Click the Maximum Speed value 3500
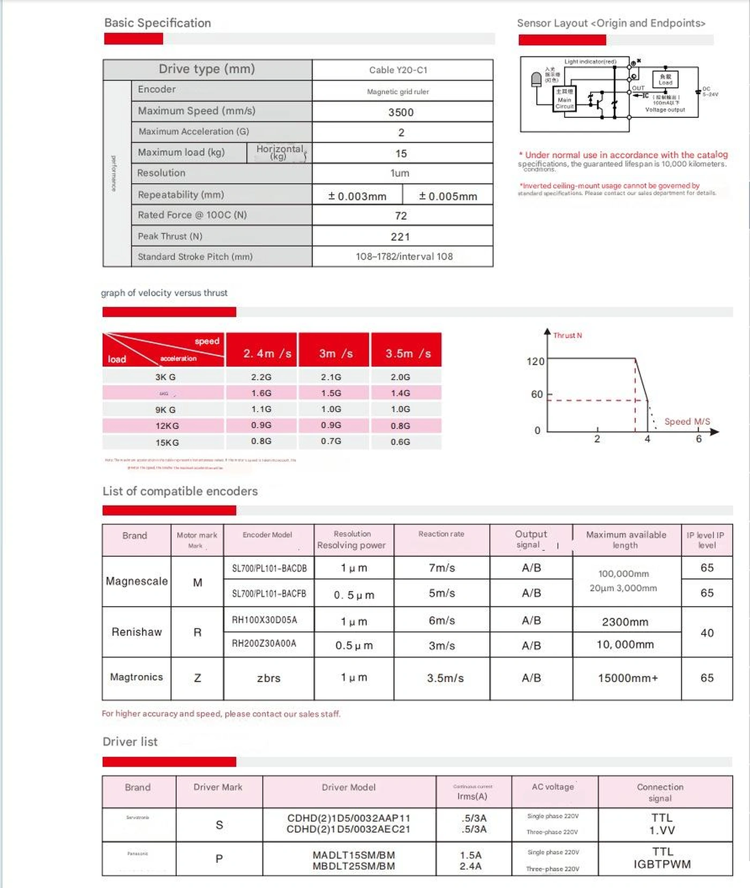pyautogui.click(x=401, y=112)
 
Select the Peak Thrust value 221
pyautogui.click(x=400, y=236)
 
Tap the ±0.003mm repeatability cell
pyautogui.click(x=357, y=196)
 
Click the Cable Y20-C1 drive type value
pyautogui.click(x=398, y=70)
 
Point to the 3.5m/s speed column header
pyautogui.click(x=408, y=353)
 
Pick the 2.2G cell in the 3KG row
pyautogui.click(x=261, y=377)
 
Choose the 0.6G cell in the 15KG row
pyautogui.click(x=400, y=442)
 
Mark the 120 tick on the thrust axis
pyautogui.click(x=535, y=361)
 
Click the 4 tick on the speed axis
pyautogui.click(x=647, y=439)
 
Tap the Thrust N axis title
pyautogui.click(x=567, y=335)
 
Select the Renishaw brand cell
pyautogui.click(x=137, y=632)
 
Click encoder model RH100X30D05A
pyautogui.click(x=264, y=620)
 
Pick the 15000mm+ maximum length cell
pyautogui.click(x=627, y=678)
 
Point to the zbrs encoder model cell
pyautogui.click(x=268, y=678)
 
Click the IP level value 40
pyautogui.click(x=707, y=633)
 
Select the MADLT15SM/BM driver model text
pyautogui.click(x=354, y=855)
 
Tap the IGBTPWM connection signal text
pyautogui.click(x=662, y=864)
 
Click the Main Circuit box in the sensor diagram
pyautogui.click(x=565, y=99)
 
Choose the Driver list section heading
pyautogui.click(x=130, y=742)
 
